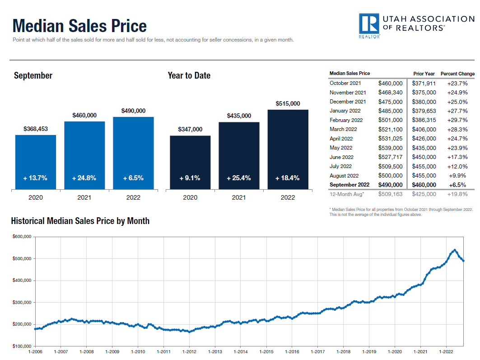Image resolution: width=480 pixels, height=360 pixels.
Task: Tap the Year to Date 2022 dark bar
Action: [x=288, y=149]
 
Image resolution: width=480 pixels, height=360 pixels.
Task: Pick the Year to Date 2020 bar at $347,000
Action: [x=190, y=162]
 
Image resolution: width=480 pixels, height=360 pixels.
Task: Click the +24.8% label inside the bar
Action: [x=84, y=178]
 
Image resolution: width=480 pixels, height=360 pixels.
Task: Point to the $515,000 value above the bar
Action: [x=288, y=103]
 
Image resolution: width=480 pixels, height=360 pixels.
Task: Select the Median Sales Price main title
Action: [x=79, y=26]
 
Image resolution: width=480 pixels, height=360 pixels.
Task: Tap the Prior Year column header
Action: [x=424, y=74]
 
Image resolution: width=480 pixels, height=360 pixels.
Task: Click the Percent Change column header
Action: [x=457, y=74]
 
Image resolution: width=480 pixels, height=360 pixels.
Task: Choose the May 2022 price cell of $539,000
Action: [x=390, y=148]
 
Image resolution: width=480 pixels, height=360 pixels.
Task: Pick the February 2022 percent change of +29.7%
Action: [x=457, y=120]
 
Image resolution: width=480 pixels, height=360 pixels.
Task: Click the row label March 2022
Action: [x=345, y=129]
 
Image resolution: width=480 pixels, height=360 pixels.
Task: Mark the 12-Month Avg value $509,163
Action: [x=390, y=194]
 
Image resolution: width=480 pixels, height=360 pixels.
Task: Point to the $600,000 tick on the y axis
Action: [x=21, y=237]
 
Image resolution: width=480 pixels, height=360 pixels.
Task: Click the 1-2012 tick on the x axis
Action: [x=189, y=351]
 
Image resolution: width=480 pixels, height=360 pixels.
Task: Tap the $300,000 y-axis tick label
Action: [x=21, y=303]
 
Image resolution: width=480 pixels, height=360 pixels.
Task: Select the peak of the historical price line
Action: [x=455, y=250]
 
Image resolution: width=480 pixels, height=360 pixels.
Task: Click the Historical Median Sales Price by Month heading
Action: [x=80, y=221]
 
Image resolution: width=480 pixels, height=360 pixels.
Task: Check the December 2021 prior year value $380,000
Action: [x=424, y=102]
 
